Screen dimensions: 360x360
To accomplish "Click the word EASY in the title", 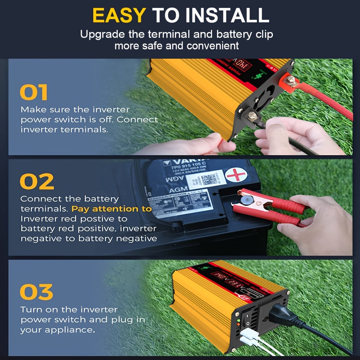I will [119, 15].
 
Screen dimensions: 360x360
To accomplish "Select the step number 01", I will [33, 93].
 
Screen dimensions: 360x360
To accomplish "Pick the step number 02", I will [36, 182].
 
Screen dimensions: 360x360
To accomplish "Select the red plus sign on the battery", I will [236, 175].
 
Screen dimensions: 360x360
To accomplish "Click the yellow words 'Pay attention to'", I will [112, 209].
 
